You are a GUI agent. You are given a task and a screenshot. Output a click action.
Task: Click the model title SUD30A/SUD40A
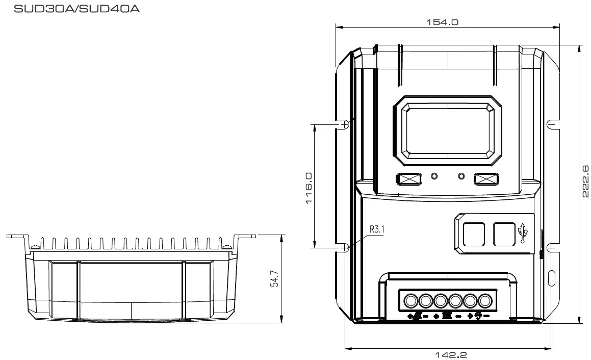(76, 9)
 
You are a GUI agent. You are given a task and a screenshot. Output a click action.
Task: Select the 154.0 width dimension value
(442, 22)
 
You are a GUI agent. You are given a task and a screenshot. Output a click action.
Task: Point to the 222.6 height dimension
(585, 181)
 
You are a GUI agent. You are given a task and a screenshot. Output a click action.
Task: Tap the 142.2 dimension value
(451, 355)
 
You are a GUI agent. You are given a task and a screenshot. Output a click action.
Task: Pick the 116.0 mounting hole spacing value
(309, 188)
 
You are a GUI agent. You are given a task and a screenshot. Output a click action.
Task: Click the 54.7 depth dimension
(275, 278)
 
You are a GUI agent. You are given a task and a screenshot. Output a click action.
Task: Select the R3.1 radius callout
(376, 229)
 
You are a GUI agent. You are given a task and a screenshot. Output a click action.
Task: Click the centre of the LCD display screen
(448, 130)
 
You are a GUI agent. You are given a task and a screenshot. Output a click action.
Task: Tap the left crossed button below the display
(408, 178)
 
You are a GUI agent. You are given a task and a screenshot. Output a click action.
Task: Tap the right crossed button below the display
(486, 178)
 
